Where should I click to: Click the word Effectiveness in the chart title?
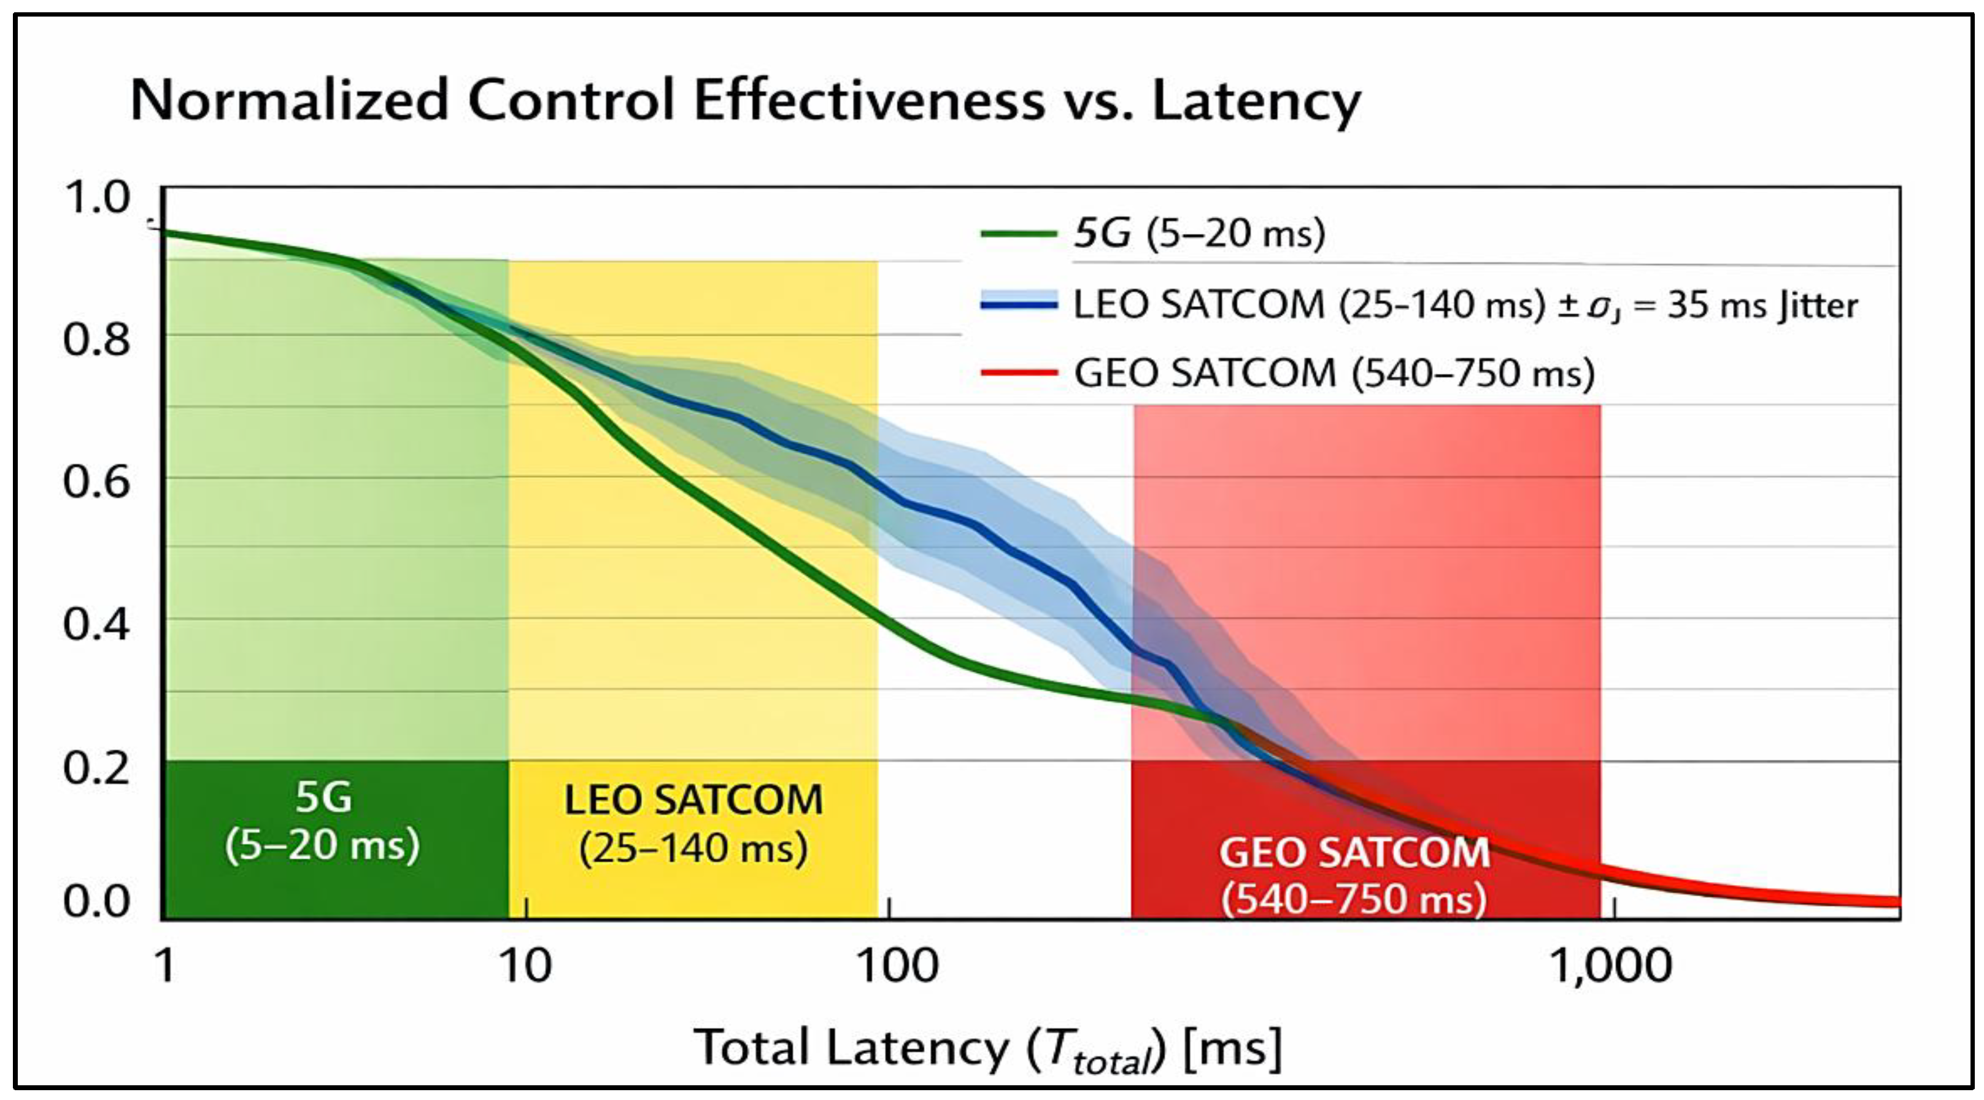(869, 101)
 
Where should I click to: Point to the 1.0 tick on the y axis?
(97, 198)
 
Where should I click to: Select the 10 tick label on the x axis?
(526, 966)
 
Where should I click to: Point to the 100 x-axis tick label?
(898, 966)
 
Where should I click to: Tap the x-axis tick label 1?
(166, 966)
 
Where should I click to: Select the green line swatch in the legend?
(1018, 233)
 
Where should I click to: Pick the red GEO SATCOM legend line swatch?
(1018, 374)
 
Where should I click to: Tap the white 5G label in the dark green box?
(323, 798)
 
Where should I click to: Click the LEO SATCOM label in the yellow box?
(694, 800)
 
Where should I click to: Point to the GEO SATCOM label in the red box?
(1354, 853)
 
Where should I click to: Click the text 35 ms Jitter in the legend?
(1763, 306)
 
